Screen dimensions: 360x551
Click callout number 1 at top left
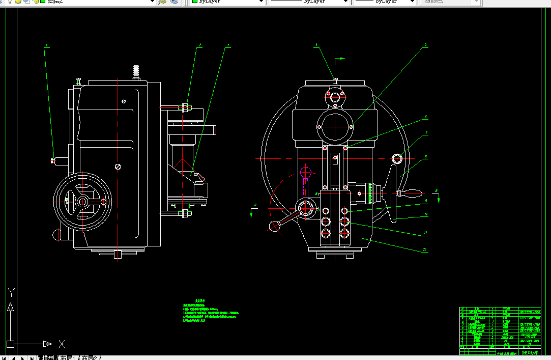tap(47, 46)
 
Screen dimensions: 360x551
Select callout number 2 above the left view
tap(200, 45)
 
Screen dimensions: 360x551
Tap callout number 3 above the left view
tap(228, 45)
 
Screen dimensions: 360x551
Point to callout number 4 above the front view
tap(316, 45)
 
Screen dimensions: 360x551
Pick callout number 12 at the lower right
tap(424, 250)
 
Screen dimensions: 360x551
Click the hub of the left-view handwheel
tap(82, 201)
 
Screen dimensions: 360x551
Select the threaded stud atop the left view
tap(136, 72)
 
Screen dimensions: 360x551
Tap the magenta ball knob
tap(305, 171)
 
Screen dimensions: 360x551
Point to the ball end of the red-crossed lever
tap(274, 227)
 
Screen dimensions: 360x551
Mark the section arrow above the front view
tap(340, 59)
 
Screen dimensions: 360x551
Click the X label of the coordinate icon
tap(62, 344)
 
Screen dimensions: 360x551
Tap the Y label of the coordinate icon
tap(12, 292)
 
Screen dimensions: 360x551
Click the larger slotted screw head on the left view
tap(118, 166)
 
